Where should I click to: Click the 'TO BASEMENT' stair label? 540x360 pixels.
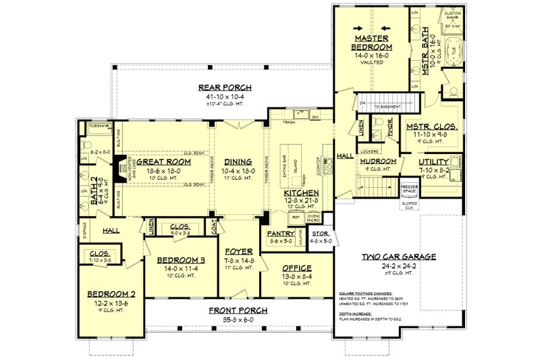pyautogui.click(x=385, y=105)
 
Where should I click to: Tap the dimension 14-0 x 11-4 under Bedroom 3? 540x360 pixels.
pyautogui.click(x=181, y=268)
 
